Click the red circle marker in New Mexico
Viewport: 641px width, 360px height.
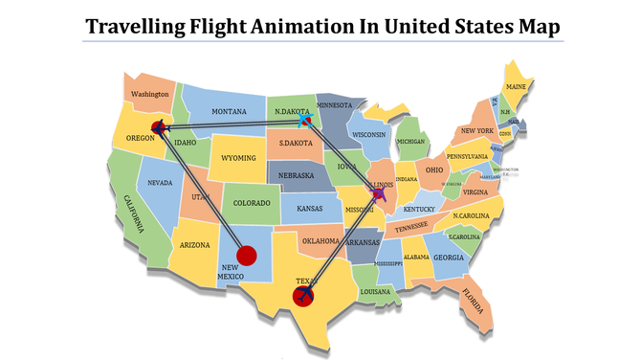click(247, 256)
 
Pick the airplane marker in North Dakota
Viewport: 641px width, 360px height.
click(307, 122)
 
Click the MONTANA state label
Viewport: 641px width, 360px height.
click(230, 112)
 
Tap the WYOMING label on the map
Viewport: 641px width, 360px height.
click(239, 157)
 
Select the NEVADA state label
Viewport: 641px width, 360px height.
click(160, 183)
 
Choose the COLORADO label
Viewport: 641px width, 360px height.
click(253, 202)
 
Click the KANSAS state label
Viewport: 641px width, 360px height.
click(309, 208)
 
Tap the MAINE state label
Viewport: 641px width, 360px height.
click(517, 87)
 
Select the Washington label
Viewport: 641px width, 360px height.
click(150, 95)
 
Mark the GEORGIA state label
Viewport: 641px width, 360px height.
click(448, 258)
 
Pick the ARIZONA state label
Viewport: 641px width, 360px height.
click(194, 246)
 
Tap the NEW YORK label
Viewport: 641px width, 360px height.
click(476, 130)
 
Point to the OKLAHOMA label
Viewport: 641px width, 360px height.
click(320, 241)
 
